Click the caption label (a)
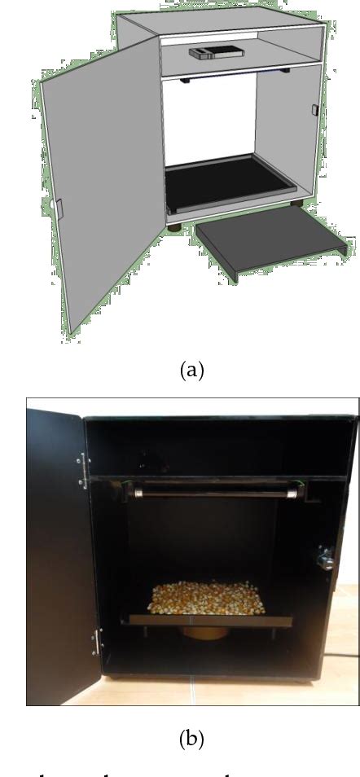coord(191,371)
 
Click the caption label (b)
coord(191,739)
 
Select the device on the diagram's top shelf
coord(217,53)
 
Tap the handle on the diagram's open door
coord(59,208)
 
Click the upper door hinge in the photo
coord(83,472)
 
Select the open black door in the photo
coord(59,554)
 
